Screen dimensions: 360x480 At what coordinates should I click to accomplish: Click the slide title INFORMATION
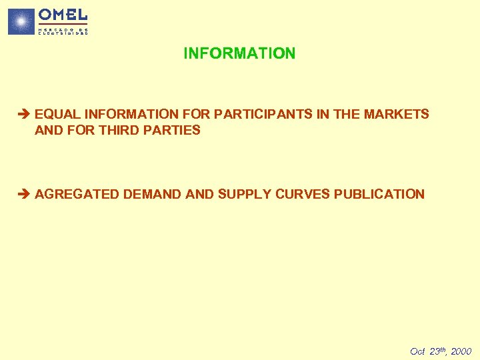coord(239,53)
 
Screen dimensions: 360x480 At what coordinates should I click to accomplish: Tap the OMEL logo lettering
coord(63,15)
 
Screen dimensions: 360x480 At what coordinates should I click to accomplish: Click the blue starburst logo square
coord(21,21)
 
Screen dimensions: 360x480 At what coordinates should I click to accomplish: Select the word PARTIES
coord(177,131)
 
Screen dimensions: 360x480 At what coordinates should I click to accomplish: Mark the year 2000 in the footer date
coord(460,351)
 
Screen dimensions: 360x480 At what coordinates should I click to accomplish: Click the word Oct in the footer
coord(417,351)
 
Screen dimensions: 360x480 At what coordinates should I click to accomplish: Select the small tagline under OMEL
coord(63,31)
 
